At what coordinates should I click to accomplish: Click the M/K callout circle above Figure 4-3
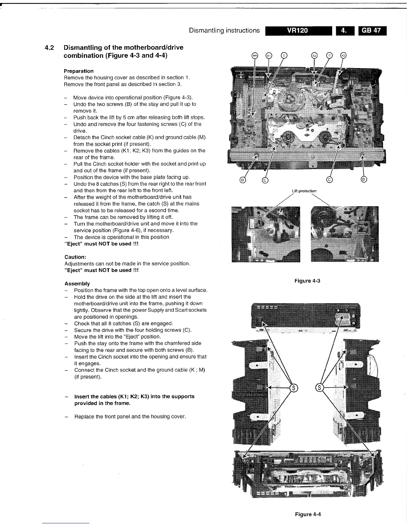tap(254, 55)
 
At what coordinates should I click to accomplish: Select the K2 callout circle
tap(314, 55)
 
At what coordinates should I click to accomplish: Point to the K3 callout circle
tap(343, 55)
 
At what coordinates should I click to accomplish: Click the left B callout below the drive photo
tap(242, 180)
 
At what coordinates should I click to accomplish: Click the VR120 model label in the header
tap(298, 31)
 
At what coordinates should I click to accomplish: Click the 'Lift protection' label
tap(304, 191)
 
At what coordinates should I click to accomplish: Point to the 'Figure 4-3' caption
tap(307, 281)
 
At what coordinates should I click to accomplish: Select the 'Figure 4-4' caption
tap(308, 515)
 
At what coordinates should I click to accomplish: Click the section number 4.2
tap(50, 47)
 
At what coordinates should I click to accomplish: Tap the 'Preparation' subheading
tap(79, 71)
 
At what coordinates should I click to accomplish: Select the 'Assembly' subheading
tap(77, 284)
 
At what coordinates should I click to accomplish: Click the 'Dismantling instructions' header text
tap(224, 31)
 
